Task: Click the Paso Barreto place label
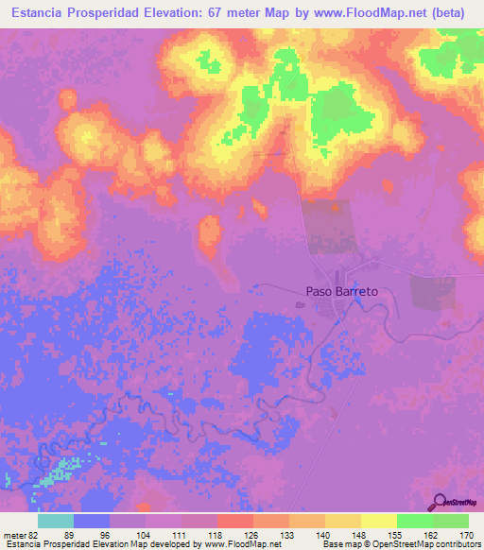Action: tap(341, 292)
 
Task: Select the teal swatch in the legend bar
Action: tap(56, 520)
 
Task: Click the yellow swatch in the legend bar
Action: tap(378, 520)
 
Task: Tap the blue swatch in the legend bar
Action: tap(92, 520)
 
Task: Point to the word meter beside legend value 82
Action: tap(14, 534)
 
